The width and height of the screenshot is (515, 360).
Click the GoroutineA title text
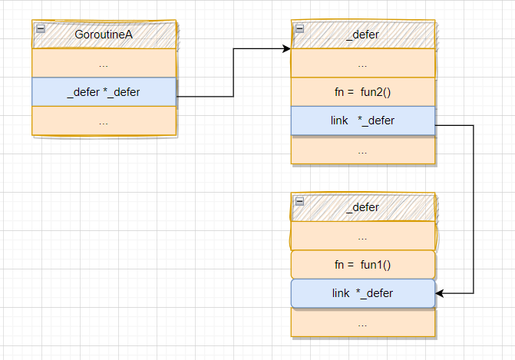click(104, 35)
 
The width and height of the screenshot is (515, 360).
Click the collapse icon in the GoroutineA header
click(41, 29)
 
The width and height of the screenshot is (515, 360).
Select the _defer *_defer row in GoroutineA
click(104, 92)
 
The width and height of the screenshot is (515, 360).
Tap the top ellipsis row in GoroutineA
click(104, 63)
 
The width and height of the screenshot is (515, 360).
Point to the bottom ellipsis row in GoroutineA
click(104, 121)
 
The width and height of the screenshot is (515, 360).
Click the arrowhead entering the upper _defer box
click(287, 49)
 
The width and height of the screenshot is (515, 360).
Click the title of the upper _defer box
click(362, 35)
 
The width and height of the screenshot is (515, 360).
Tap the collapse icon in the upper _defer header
click(299, 29)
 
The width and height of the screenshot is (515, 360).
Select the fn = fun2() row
click(363, 92)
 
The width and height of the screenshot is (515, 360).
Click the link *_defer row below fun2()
click(363, 121)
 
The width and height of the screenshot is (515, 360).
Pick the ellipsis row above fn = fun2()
click(363, 63)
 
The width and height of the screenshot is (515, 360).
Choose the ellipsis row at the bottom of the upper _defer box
click(363, 150)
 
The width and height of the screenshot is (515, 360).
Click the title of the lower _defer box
click(362, 207)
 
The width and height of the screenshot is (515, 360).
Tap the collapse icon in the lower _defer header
click(299, 201)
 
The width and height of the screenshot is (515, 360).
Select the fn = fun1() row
click(363, 264)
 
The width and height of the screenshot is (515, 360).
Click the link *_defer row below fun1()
click(363, 293)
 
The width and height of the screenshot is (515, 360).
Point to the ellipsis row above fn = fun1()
click(363, 236)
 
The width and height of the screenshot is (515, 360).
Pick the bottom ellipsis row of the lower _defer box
click(363, 322)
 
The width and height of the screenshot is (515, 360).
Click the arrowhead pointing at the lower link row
click(440, 293)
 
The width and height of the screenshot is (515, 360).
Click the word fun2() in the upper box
click(376, 92)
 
